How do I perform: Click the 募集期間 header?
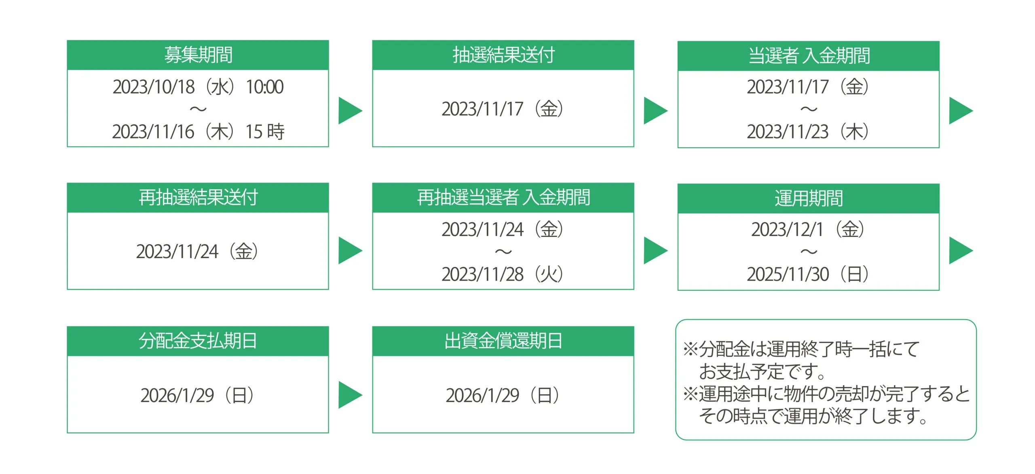pos(198,55)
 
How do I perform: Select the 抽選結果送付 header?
pos(503,55)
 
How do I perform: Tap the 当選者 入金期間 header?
pos(809,56)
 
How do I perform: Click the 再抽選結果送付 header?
pos(198,198)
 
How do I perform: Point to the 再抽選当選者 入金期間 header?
pos(503,198)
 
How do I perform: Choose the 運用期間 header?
pos(809,199)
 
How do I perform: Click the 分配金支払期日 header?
pos(198,341)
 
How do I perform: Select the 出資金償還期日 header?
pos(503,341)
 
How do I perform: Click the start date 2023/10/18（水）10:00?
pos(198,87)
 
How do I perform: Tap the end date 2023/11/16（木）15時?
pos(198,132)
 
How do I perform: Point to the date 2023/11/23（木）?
pos(808,132)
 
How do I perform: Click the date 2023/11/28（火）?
pos(503,274)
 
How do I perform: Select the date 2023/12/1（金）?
pos(808,229)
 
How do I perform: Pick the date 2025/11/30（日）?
pos(808,274)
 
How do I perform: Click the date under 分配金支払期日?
pos(197,395)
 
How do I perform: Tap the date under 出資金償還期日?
pos(503,395)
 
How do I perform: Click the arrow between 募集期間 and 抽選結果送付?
pos(350,111)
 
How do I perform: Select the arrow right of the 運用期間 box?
pos(961,251)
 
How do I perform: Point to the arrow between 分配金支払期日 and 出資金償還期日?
pos(350,395)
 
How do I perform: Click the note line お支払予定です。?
pos(762,372)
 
